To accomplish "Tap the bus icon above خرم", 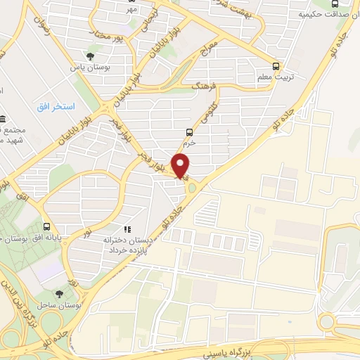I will click(189, 131).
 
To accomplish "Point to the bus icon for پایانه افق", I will click(47, 226).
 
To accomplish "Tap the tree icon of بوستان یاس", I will click(89, 56).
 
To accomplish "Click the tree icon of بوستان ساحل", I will click(58, 295).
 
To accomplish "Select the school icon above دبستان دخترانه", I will click(127, 229).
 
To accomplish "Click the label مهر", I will click(132, 10).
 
